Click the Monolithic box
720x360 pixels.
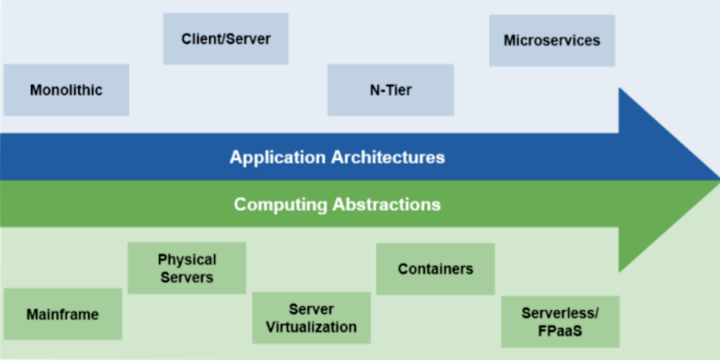pos(66,90)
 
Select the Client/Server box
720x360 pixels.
pos(226,39)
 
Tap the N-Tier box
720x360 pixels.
pos(391,90)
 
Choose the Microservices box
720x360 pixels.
pos(552,41)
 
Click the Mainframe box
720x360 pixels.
pos(63,314)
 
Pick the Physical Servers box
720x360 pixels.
pos(187,268)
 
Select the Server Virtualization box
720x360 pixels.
pos(311,318)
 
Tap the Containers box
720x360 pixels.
pos(435,269)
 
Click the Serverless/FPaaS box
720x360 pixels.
pos(560,321)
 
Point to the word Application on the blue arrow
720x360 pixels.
pos(277,157)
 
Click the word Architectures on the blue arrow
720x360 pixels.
pos(388,157)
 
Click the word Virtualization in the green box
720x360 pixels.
pos(311,327)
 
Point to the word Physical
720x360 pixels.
pos(187,259)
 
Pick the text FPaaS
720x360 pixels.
pos(560,331)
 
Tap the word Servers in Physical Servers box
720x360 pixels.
pos(187,277)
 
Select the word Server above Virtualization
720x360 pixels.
pos(311,309)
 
